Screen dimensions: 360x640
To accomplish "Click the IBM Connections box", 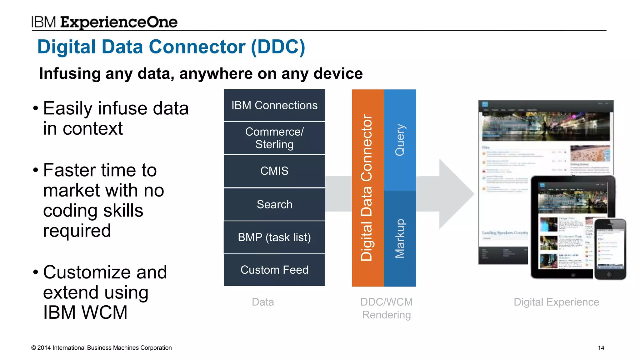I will click(x=274, y=105).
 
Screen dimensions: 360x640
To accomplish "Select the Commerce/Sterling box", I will click(x=274, y=138).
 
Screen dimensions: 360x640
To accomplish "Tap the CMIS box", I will click(x=274, y=171).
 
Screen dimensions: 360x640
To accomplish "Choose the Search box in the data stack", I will click(x=274, y=204).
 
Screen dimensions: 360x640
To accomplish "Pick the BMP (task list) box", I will click(x=274, y=237).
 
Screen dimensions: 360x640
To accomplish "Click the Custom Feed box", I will click(x=274, y=270).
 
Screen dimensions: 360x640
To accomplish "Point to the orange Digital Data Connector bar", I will click(x=367, y=187).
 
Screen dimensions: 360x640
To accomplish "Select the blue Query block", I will click(x=400, y=140).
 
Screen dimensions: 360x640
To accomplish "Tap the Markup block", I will click(x=400, y=238).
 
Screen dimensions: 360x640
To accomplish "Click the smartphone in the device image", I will click(x=610, y=249).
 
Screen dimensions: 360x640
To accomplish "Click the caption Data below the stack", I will click(x=263, y=302).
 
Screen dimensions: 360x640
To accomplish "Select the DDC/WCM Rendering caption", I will click(x=386, y=308).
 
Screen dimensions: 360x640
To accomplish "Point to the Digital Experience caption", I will click(x=556, y=302).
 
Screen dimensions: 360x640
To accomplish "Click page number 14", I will click(x=601, y=348).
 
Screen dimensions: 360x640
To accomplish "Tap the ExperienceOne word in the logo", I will click(x=119, y=22).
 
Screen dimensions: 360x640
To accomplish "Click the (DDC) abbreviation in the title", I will click(x=278, y=47).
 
